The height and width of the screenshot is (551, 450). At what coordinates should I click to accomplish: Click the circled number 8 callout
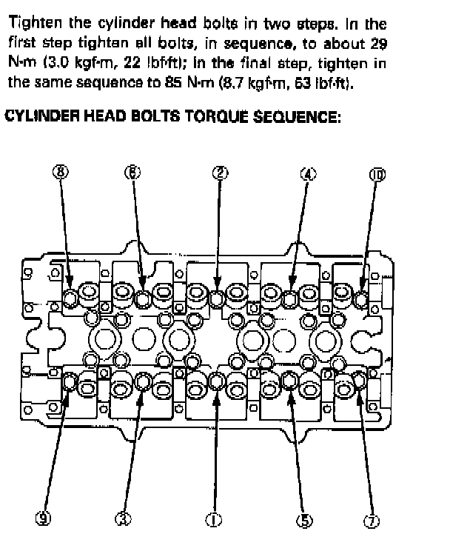click(61, 173)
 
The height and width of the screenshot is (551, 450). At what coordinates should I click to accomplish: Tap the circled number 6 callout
click(132, 173)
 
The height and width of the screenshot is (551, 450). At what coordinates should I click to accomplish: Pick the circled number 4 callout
click(308, 173)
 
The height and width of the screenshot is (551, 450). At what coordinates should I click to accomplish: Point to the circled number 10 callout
click(377, 174)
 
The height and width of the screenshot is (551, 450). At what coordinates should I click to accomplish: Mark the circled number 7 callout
click(372, 520)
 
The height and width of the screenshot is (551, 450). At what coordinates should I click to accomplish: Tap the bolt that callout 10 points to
click(361, 299)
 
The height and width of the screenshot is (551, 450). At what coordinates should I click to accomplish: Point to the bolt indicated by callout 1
click(216, 381)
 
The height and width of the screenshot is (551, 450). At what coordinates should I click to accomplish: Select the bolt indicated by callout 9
click(70, 382)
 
